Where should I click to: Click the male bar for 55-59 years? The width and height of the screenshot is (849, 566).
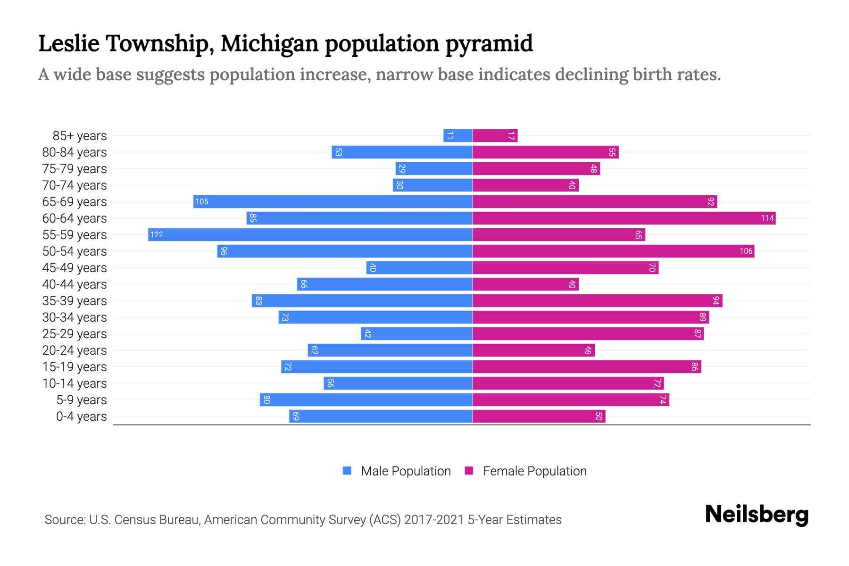[310, 234]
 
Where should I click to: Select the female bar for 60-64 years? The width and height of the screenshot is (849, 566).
[624, 218]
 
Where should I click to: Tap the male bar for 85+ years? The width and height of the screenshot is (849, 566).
[458, 135]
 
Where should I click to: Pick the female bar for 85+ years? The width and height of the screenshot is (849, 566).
[495, 135]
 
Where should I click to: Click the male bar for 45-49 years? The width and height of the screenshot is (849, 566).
[419, 267]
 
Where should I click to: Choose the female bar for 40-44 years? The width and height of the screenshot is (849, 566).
[525, 284]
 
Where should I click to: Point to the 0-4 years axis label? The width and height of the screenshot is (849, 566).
[81, 416]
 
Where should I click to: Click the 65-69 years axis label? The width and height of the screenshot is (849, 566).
[75, 202]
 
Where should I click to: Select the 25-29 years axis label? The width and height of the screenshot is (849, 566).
[75, 334]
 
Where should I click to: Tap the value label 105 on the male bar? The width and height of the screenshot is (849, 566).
[202, 202]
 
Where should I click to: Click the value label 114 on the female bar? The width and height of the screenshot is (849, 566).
[767, 218]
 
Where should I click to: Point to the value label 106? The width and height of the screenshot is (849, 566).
[746, 251]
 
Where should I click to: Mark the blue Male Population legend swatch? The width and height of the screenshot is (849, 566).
[347, 471]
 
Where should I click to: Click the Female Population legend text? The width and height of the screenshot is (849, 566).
[534, 471]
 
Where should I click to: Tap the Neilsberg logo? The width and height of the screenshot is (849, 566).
[757, 515]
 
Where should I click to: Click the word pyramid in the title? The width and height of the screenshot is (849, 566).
[489, 44]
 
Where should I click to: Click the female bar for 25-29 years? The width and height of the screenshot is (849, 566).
[588, 333]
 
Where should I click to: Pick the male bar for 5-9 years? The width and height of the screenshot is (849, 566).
[366, 400]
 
